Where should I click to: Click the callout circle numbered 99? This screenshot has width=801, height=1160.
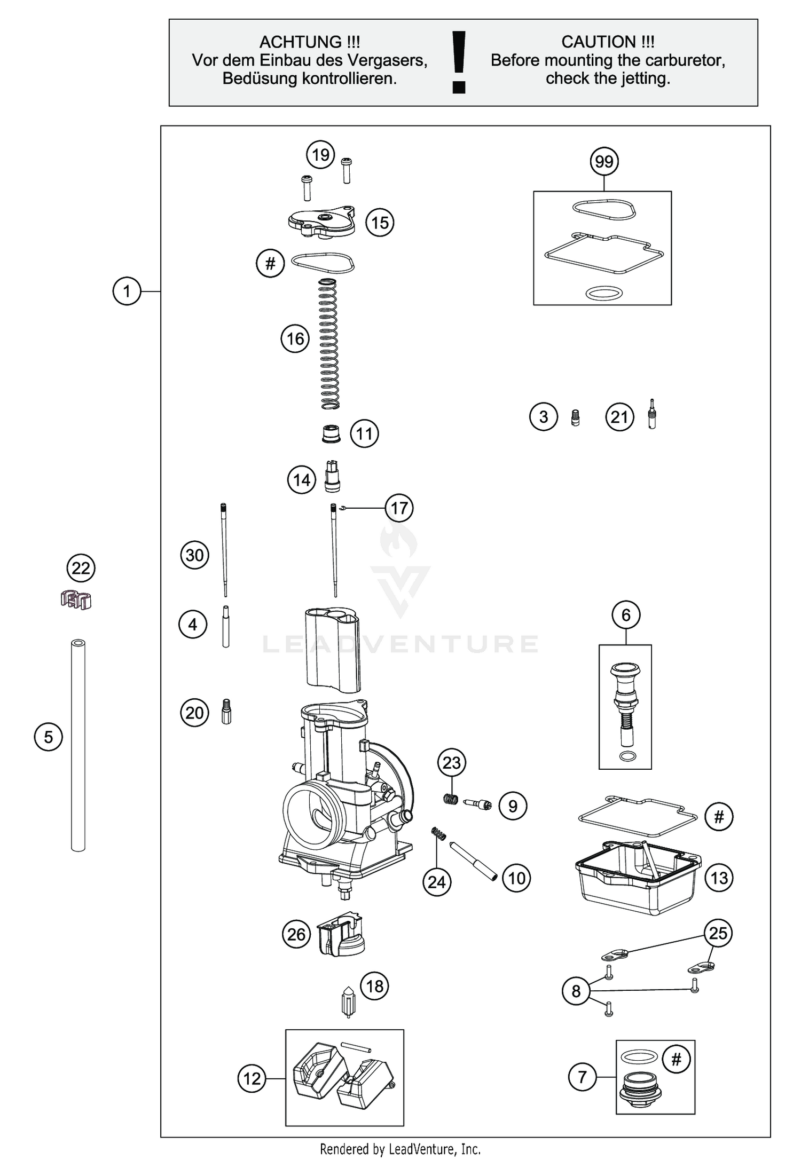(x=604, y=161)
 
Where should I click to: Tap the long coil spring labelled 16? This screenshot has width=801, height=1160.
(x=328, y=344)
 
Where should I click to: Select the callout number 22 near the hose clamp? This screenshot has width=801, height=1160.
(x=81, y=568)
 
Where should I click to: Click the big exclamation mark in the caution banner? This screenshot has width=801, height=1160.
(x=459, y=62)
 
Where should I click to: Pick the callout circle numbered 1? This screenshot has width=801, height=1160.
(x=127, y=291)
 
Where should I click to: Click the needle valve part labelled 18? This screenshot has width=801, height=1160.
(x=348, y=1003)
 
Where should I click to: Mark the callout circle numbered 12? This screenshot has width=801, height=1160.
(x=252, y=1079)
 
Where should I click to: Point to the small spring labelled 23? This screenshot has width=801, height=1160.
(x=451, y=799)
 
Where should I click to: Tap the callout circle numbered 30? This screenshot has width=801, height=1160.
(x=194, y=555)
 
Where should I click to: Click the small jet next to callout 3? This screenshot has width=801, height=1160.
(x=575, y=417)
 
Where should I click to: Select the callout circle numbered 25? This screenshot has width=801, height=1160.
(x=718, y=933)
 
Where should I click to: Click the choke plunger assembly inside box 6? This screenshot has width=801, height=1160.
(x=625, y=705)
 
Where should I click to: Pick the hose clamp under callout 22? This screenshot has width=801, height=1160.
(x=76, y=600)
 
